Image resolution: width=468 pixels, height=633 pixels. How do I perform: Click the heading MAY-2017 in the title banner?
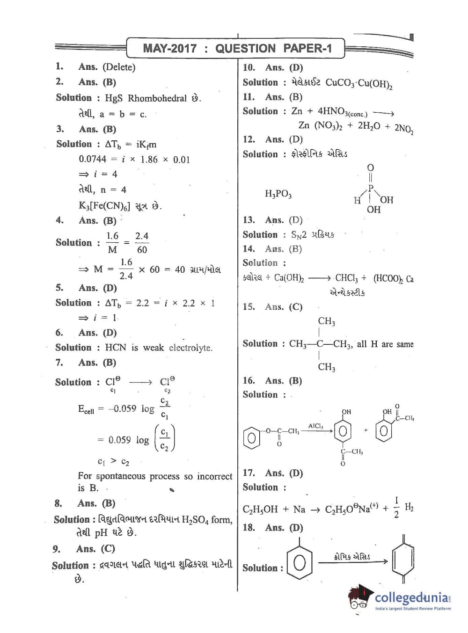click(169, 48)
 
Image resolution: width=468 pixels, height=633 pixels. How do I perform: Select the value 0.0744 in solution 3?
click(92, 159)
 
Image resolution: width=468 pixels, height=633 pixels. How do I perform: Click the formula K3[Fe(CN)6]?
click(104, 206)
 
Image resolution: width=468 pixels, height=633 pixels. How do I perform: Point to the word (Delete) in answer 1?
click(119, 67)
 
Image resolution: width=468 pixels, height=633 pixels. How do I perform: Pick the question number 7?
click(59, 363)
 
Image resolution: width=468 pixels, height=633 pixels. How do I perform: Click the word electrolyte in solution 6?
click(190, 348)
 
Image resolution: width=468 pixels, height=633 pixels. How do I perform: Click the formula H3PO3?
click(278, 194)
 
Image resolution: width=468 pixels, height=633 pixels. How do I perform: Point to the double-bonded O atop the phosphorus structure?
click(370, 167)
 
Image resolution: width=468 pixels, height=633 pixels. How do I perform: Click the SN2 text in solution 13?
click(299, 235)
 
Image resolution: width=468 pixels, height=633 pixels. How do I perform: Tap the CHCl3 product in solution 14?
click(347, 278)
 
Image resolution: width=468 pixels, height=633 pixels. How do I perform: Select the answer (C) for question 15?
click(295, 307)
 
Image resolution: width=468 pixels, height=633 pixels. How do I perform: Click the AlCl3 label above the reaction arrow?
click(315, 426)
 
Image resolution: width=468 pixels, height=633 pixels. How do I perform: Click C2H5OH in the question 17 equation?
click(260, 509)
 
